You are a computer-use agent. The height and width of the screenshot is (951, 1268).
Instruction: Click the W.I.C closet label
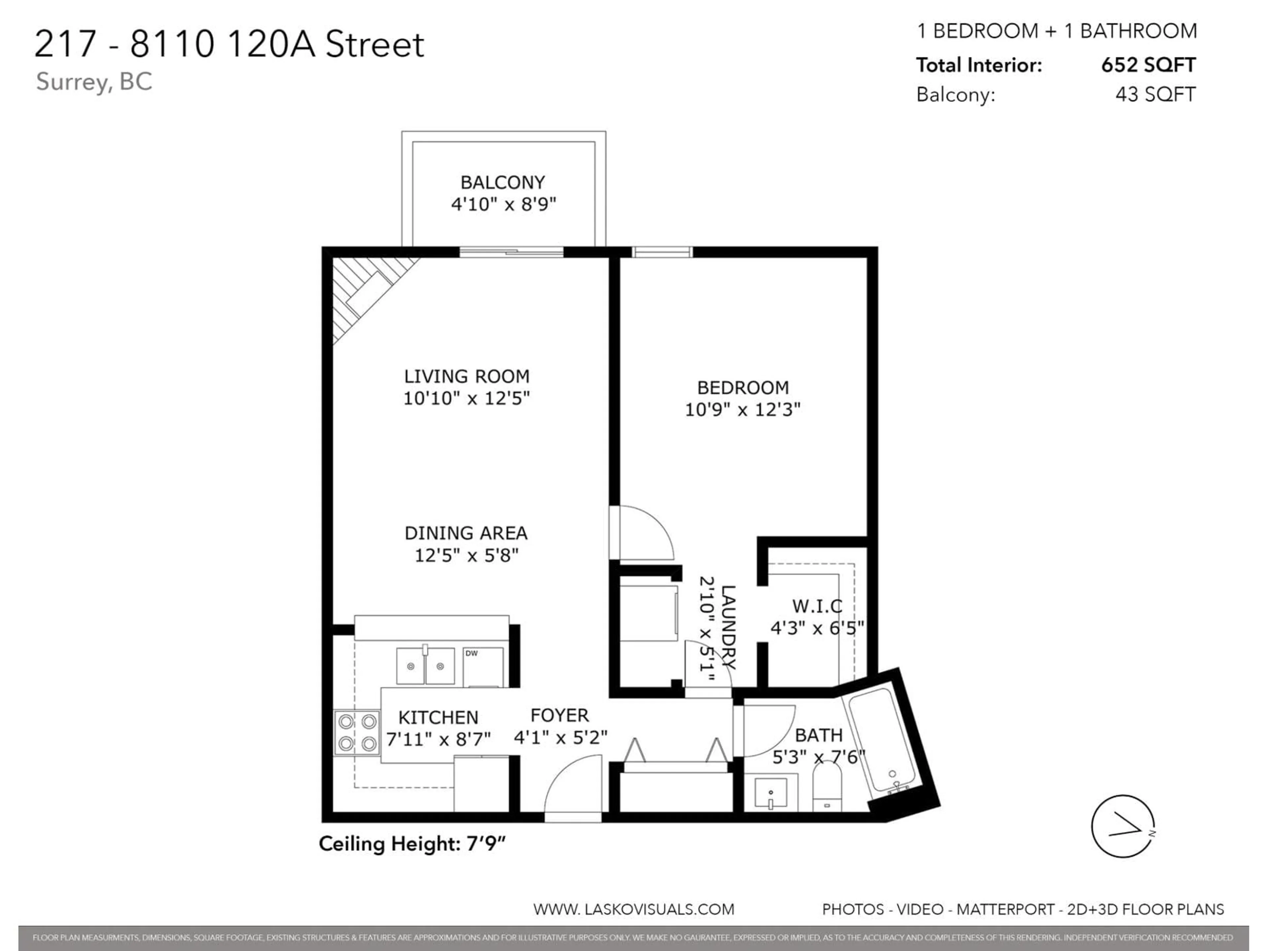[x=817, y=606]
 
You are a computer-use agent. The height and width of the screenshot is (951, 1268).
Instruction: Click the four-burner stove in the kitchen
[x=357, y=733]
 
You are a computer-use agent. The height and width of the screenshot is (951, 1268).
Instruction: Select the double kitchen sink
[x=425, y=666]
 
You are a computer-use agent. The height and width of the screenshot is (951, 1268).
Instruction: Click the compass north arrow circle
[x=1122, y=826]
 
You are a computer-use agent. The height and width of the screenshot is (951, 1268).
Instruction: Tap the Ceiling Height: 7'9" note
[x=412, y=844]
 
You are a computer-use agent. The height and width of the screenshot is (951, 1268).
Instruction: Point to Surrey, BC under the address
[x=94, y=82]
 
